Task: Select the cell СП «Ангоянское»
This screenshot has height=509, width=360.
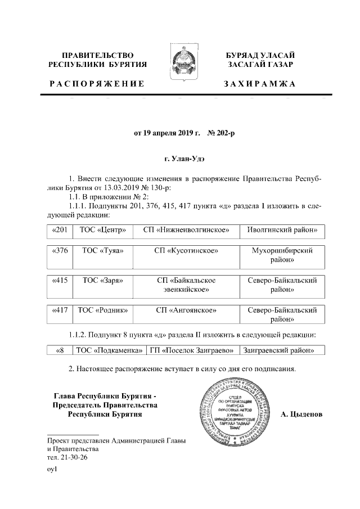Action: (186, 310)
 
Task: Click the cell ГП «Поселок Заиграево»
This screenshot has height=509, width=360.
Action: (191, 351)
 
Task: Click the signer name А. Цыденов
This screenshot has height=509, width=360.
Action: (301, 415)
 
